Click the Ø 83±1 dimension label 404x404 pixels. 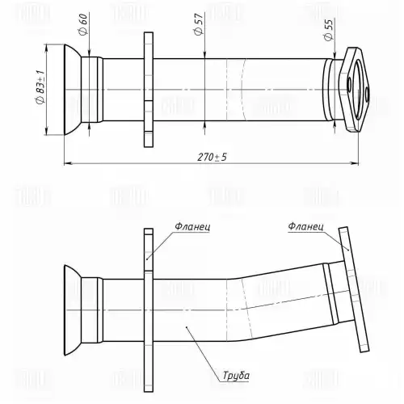pos(40,86)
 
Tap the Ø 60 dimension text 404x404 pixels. pos(83,23)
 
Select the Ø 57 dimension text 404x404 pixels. pos(198,24)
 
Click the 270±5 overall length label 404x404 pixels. pos(213,157)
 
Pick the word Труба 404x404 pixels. pos(236,376)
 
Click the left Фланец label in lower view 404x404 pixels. pos(192,227)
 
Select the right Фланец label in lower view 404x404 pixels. pos(305,226)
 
